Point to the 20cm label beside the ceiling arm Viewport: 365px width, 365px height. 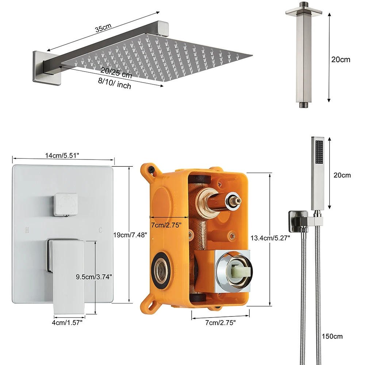340,59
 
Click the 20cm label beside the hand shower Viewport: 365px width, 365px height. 342,175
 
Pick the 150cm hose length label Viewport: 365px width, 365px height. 332,337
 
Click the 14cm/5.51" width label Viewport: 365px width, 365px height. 62,156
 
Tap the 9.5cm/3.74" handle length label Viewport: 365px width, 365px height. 94,277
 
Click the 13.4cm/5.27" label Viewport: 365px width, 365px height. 270,238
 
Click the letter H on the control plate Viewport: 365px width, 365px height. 27,230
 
